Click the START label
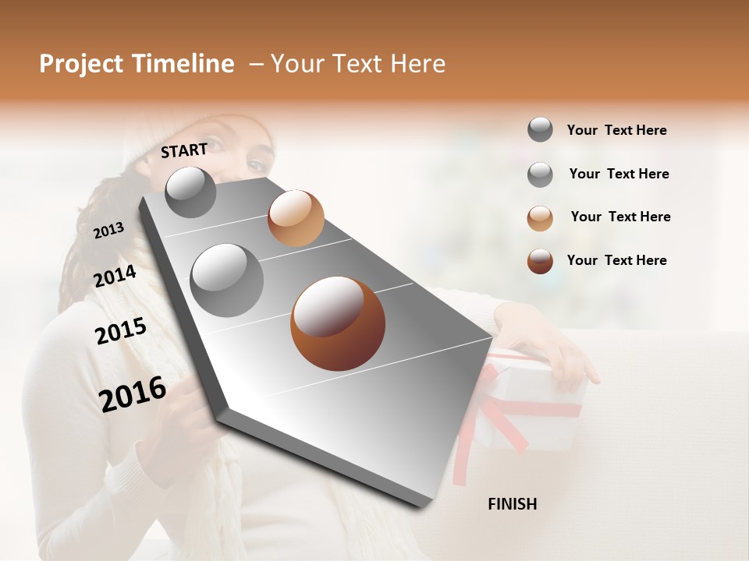tap(184, 150)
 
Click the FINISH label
tap(512, 504)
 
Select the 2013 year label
tap(108, 231)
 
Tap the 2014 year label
tap(115, 277)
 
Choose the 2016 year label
tap(133, 393)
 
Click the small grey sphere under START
tap(190, 192)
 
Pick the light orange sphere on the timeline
tap(296, 217)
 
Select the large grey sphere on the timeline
tap(226, 280)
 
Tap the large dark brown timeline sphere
tap(338, 323)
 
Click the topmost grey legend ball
tap(540, 129)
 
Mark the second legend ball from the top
tap(540, 175)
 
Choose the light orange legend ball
tap(540, 218)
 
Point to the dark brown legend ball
tap(540, 261)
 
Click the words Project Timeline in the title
tap(137, 64)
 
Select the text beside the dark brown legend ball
tap(616, 260)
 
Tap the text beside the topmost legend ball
tap(616, 130)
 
